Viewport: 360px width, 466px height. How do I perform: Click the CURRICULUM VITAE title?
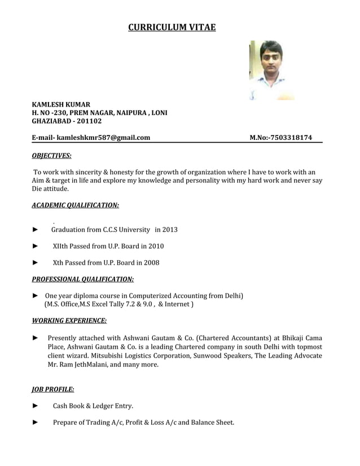point(172,27)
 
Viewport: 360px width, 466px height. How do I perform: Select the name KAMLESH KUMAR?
point(61,104)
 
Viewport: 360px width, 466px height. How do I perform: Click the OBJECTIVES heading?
point(51,155)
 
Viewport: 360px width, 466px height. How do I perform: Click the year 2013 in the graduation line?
point(170,230)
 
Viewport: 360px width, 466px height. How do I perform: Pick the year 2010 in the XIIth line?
point(156,246)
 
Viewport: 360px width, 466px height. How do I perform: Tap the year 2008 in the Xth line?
point(151,262)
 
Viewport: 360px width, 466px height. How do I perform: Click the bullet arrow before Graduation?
point(36,230)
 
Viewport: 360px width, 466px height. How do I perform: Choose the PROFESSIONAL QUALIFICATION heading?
point(82,279)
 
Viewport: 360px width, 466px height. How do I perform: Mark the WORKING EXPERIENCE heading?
point(69,320)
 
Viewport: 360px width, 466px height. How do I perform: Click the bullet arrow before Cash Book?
point(36,406)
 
